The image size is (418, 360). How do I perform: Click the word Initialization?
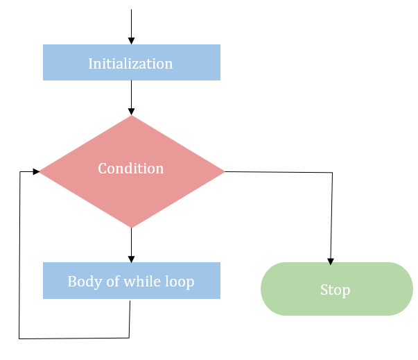tap(130, 64)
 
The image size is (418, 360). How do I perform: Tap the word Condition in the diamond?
tap(130, 169)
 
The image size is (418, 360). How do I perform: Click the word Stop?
tap(335, 290)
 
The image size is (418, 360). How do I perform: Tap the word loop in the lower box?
tap(178, 282)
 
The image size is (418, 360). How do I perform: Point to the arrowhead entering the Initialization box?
tap(131, 40)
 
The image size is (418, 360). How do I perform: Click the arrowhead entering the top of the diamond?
tap(131, 111)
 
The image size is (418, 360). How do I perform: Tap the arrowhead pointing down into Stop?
tap(331, 261)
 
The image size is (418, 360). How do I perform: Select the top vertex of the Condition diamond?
tap(131, 116)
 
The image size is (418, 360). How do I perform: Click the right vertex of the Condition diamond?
tap(225, 171)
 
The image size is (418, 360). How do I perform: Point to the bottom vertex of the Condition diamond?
tap(131, 228)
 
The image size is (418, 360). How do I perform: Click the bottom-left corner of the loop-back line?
tap(19, 338)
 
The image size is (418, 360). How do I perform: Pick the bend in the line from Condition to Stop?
tap(333, 173)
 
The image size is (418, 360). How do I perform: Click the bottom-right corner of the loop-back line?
tap(129, 338)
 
